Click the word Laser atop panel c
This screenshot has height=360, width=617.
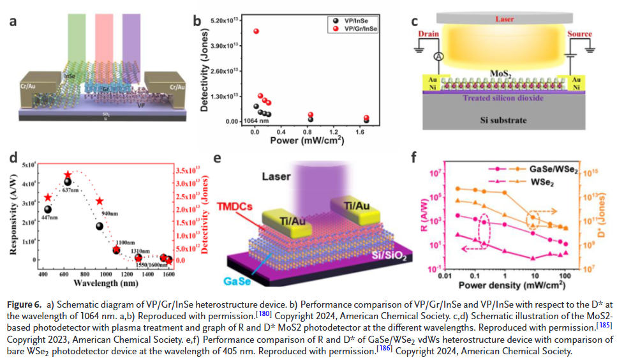click(x=504, y=19)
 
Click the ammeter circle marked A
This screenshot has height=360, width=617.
click(x=438, y=57)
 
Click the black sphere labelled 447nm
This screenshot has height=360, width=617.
click(x=48, y=209)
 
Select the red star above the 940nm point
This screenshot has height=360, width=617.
click(x=99, y=202)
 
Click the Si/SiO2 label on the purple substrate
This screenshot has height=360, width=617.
click(x=383, y=256)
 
